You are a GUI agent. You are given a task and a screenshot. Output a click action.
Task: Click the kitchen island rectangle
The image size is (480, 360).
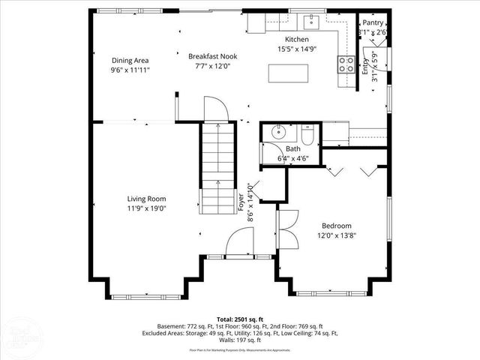point(289,73)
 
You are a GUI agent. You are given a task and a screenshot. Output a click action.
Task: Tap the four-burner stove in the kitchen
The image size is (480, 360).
point(346,64)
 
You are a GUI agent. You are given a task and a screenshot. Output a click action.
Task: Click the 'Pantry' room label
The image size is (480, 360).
point(373,23)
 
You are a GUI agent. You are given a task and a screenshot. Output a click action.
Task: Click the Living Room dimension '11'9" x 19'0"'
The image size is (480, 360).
point(145,209)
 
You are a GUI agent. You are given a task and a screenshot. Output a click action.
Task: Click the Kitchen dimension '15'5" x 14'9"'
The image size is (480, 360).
point(296,48)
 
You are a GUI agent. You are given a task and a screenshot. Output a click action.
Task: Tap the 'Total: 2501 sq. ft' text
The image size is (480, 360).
point(239,319)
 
